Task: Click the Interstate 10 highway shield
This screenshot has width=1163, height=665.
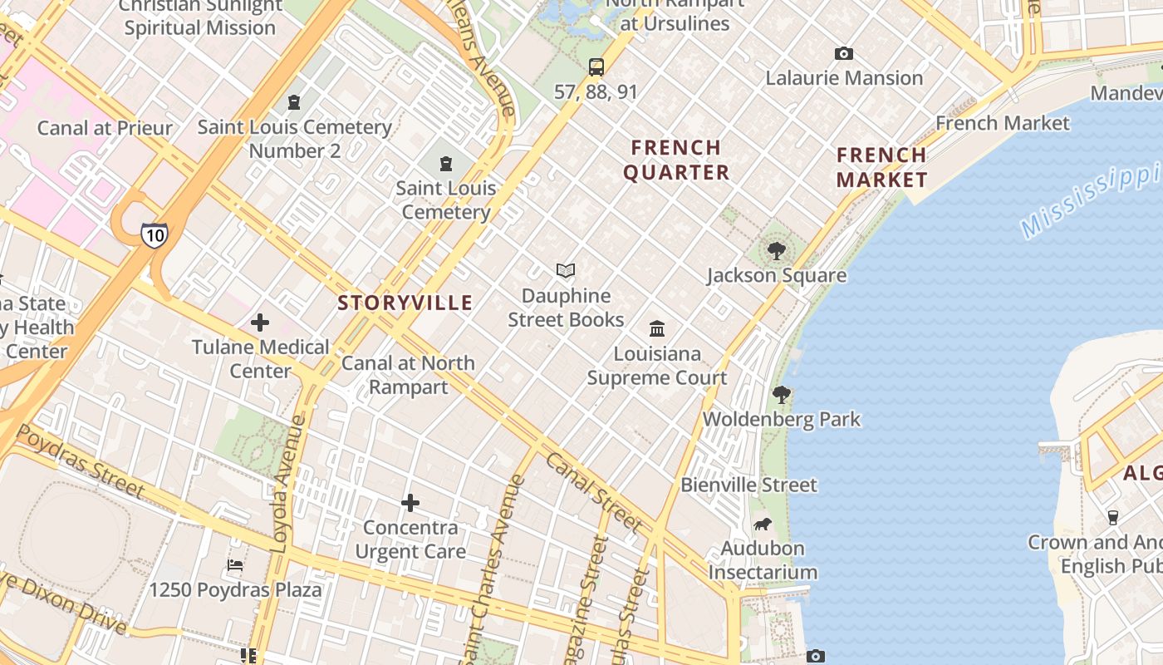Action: tap(154, 234)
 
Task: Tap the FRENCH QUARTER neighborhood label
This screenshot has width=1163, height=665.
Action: tap(676, 160)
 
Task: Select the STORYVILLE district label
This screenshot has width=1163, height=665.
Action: tap(405, 303)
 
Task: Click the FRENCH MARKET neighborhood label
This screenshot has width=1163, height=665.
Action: tap(881, 167)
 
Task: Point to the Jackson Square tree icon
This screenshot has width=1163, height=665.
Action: tap(777, 250)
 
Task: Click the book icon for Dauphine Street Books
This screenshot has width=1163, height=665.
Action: tap(566, 271)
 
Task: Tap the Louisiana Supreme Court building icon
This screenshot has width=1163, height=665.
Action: tap(657, 328)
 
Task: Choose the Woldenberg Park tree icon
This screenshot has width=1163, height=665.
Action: tap(781, 394)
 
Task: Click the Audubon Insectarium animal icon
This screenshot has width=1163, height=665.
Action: tap(763, 524)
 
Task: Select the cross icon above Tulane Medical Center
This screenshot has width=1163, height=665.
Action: tap(260, 323)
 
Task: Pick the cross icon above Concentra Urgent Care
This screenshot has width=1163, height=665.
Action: tap(410, 503)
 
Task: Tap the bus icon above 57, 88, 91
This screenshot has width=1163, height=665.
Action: tap(596, 67)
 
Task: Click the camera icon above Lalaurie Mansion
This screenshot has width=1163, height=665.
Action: tap(844, 54)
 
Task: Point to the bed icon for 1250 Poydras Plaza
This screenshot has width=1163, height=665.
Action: tap(235, 565)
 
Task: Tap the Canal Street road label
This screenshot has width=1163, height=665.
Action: tap(595, 493)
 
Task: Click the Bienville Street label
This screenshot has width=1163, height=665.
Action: tap(749, 485)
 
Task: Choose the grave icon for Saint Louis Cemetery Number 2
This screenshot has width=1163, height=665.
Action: tap(293, 102)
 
